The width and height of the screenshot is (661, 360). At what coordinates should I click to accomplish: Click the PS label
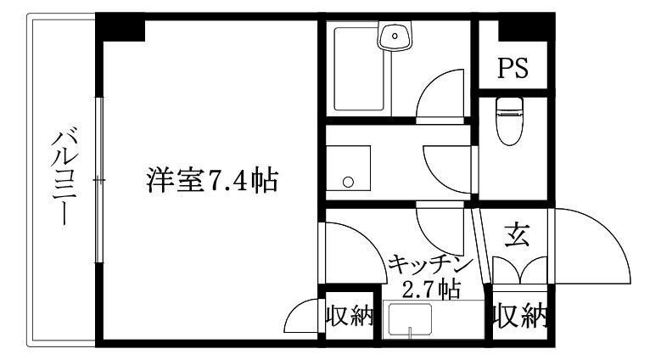coord(513,68)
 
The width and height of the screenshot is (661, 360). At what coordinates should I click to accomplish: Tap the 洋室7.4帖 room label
coord(212,180)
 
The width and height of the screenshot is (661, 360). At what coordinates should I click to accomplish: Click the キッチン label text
coord(429,266)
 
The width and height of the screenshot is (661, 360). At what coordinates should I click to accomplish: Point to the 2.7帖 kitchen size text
coord(431,290)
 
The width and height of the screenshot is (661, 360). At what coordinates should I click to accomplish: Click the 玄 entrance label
coord(517,235)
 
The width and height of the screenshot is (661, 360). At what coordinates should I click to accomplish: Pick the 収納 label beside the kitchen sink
coord(350,316)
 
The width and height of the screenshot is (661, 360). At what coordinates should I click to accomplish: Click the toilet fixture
coord(510,121)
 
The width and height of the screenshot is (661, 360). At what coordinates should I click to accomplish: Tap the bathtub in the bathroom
coord(359,69)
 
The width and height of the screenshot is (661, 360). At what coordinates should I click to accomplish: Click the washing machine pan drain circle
coord(348,183)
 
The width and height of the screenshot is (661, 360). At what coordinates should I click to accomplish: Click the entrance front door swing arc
coord(592,245)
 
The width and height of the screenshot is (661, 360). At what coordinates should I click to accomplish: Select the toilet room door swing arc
coord(447,170)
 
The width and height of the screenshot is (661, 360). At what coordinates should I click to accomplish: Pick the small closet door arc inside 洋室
coord(301,316)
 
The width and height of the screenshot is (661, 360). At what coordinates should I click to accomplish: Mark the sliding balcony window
coord(99,180)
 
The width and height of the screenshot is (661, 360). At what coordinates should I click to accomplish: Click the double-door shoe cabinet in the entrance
coord(520,270)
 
